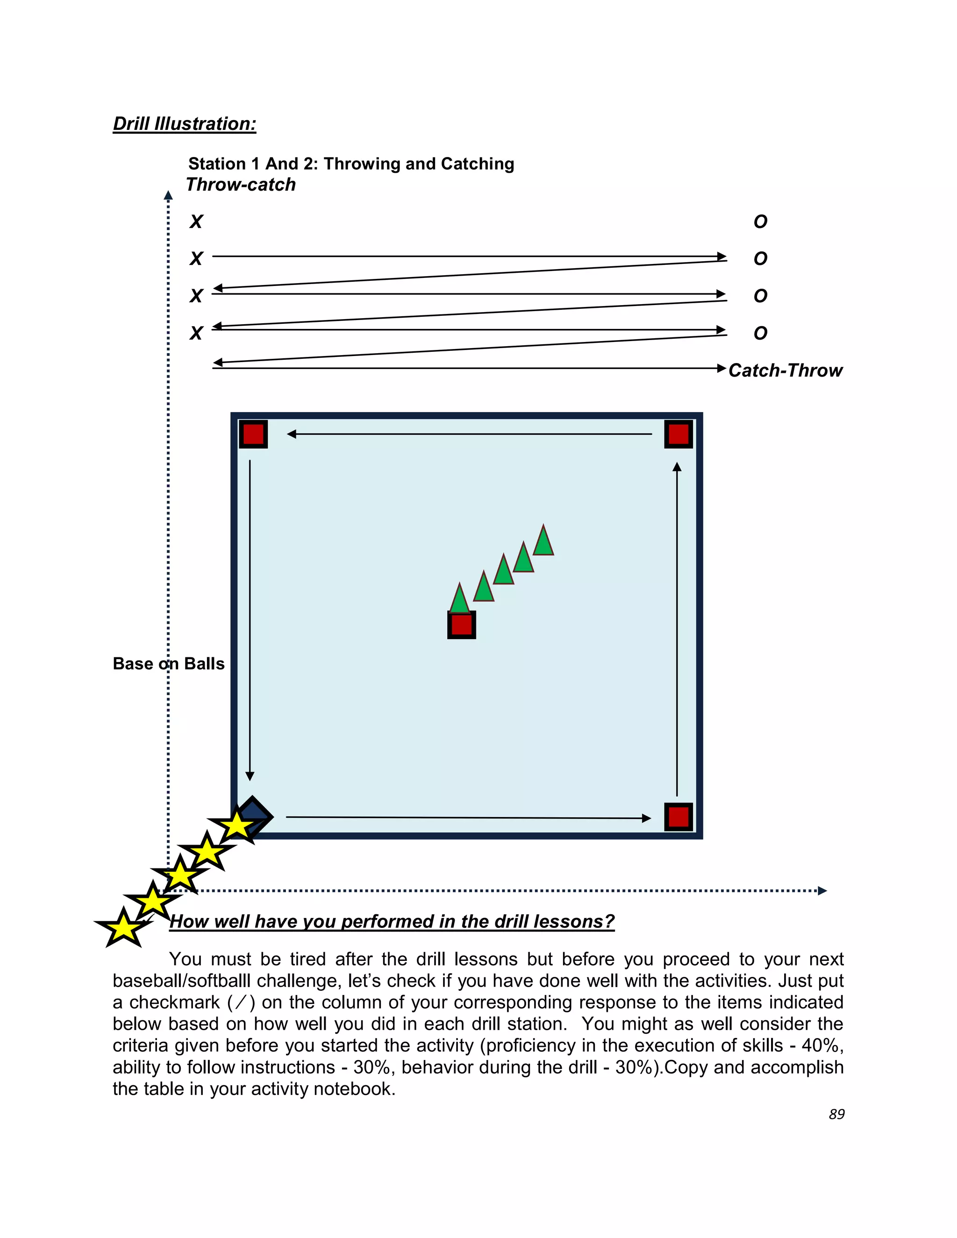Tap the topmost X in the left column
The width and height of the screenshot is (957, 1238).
(x=196, y=221)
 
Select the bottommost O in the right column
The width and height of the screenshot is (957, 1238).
(x=760, y=333)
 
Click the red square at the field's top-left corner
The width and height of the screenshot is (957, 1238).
(x=253, y=434)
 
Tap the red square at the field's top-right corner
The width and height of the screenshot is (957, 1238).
(x=678, y=434)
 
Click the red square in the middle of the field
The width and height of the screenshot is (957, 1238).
(x=462, y=625)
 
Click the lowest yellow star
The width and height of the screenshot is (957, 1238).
(x=123, y=929)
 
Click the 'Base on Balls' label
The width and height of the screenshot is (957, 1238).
(x=168, y=664)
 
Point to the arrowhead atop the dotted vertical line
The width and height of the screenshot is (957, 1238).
(x=168, y=196)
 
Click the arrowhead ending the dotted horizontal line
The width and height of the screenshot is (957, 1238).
(x=822, y=890)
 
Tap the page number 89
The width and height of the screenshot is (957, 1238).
(x=836, y=1114)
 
